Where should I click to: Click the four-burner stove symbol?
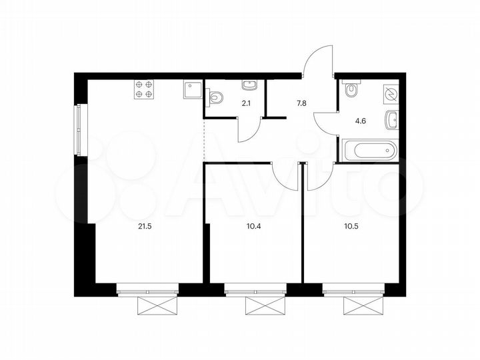click(144, 89)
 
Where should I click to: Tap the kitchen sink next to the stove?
click(191, 90)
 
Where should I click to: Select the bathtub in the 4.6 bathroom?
click(370, 150)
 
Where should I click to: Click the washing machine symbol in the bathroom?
click(391, 94)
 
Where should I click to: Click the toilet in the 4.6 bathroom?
click(351, 89)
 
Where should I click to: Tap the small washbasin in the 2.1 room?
click(250, 85)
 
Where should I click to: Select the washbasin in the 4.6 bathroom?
click(392, 121)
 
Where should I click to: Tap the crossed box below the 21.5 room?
click(149, 306)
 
